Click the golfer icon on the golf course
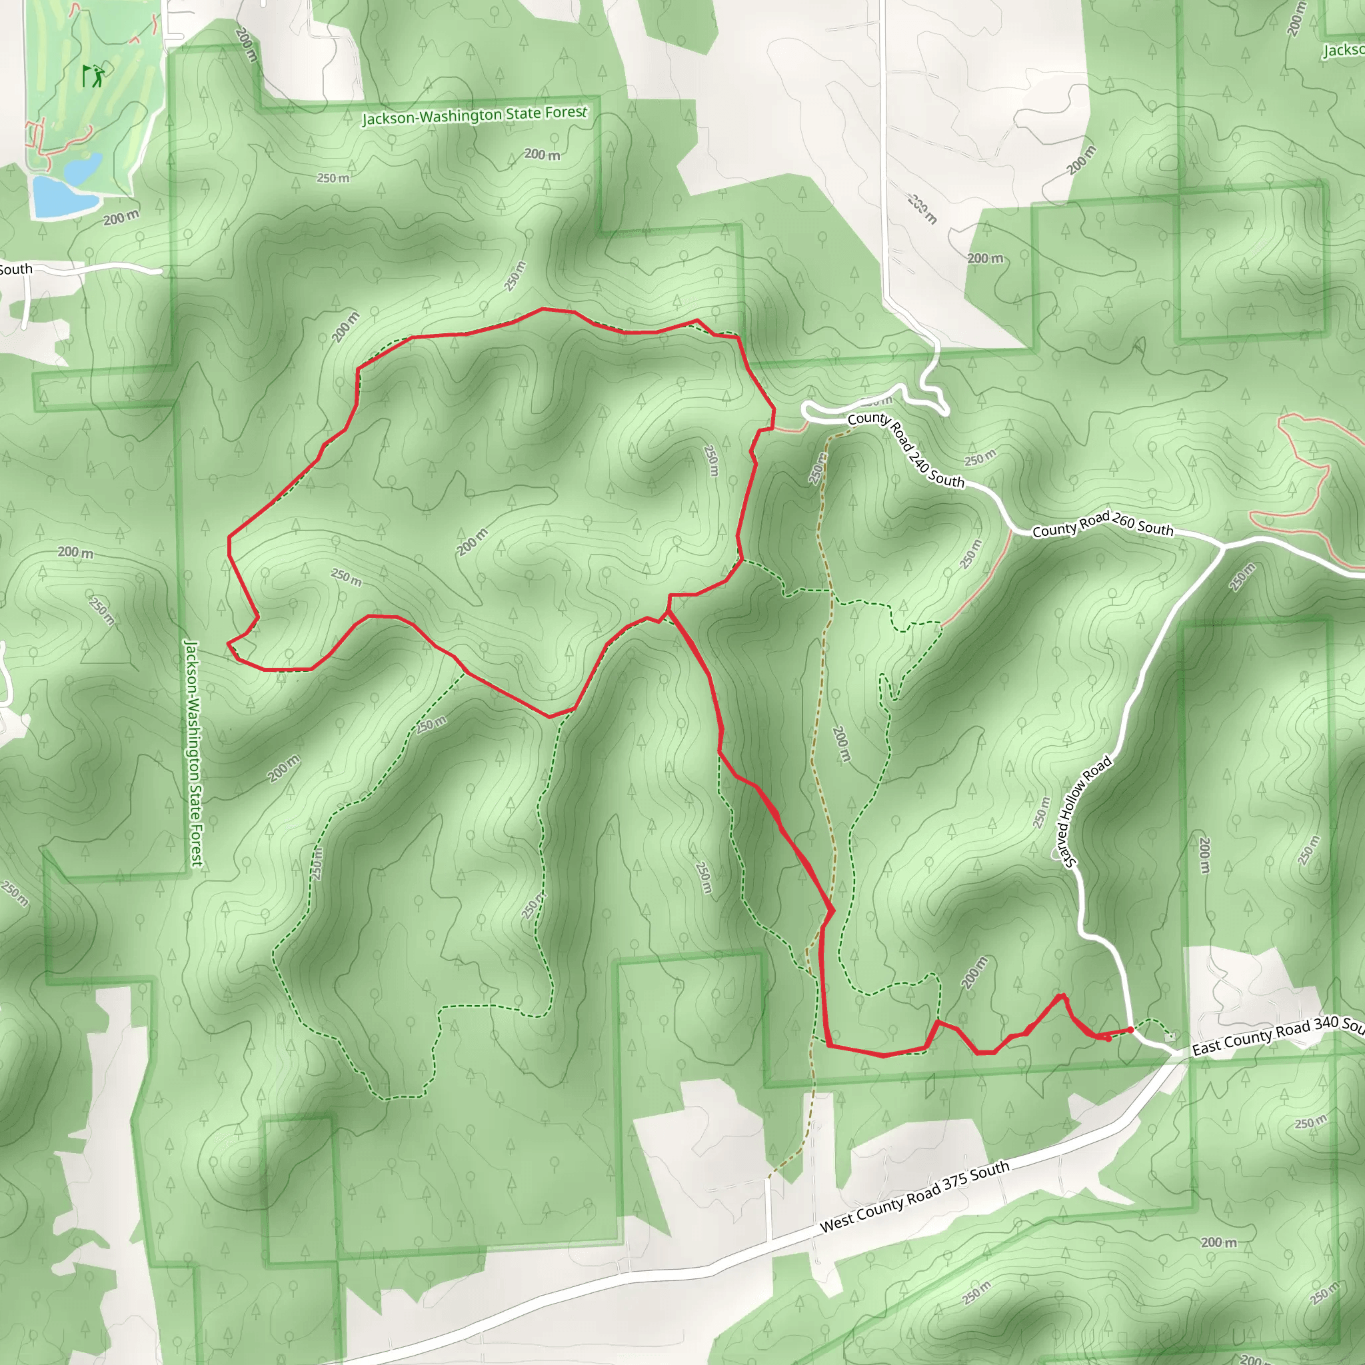point(93,75)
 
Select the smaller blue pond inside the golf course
point(85,168)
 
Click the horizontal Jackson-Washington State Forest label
point(474,115)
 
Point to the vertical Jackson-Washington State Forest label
point(193,753)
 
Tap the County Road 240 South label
point(906,449)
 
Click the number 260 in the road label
point(1123,521)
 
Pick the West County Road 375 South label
point(914,1197)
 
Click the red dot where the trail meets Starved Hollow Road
point(1130,1029)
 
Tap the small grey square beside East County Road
point(1170,1036)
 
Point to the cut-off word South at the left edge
point(15,269)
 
